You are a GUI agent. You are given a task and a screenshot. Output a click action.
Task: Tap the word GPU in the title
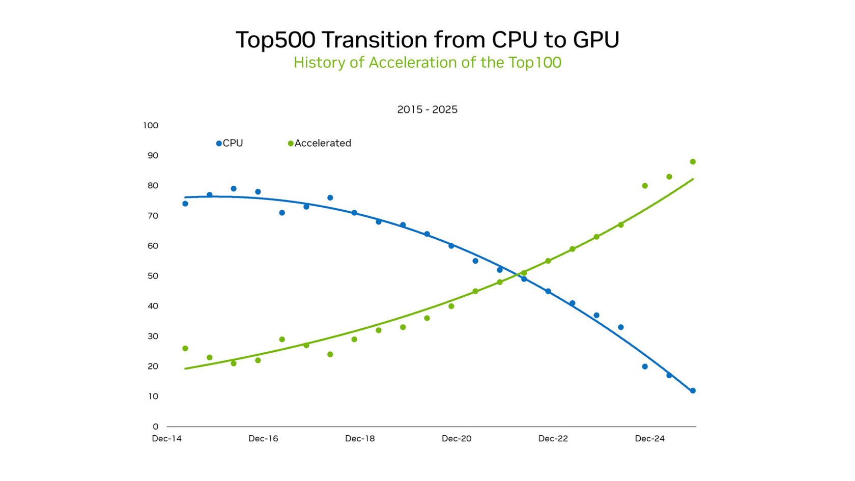click(x=596, y=40)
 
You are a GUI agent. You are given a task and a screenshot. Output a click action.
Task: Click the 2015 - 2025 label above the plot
click(x=427, y=109)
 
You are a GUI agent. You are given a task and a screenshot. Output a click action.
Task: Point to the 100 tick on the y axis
click(x=151, y=125)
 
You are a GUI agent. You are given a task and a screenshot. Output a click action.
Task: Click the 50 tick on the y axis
click(x=153, y=276)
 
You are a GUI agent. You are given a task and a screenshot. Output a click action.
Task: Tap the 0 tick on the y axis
click(x=156, y=427)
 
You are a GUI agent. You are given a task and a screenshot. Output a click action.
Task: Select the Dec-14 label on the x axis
click(x=167, y=439)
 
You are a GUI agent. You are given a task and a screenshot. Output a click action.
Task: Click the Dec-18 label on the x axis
click(x=360, y=439)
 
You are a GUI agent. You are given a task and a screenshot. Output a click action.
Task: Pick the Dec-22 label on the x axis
click(x=553, y=439)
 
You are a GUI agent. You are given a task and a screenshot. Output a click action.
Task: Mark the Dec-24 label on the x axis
click(x=649, y=439)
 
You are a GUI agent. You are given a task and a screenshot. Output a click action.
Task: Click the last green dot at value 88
click(x=693, y=162)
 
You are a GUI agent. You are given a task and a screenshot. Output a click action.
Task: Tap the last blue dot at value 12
click(x=693, y=391)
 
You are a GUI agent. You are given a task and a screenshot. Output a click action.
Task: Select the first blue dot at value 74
click(x=185, y=204)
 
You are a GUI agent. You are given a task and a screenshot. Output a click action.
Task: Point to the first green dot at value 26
click(x=185, y=349)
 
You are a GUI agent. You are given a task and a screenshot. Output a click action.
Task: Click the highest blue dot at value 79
click(x=234, y=189)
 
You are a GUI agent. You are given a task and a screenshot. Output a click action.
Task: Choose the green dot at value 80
click(x=645, y=186)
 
